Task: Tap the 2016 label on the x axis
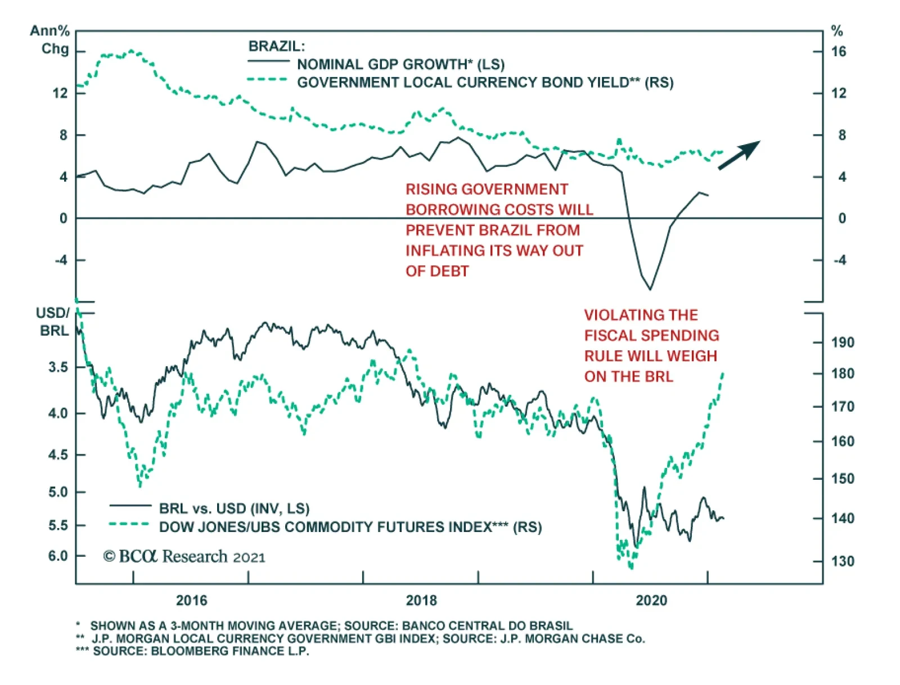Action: pyautogui.click(x=191, y=601)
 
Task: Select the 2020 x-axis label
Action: pyautogui.click(x=651, y=601)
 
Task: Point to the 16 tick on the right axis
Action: pyautogui.click(x=838, y=52)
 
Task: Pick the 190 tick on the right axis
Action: pyautogui.click(x=842, y=342)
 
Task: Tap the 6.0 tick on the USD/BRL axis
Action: pyautogui.click(x=58, y=556)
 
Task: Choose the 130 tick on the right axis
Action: pyautogui.click(x=842, y=561)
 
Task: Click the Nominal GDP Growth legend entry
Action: pyautogui.click(x=400, y=64)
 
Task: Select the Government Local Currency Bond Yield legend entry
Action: pyautogui.click(x=485, y=83)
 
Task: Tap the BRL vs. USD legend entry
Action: pyautogui.click(x=234, y=509)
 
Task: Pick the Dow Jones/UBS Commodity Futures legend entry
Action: pyautogui.click(x=350, y=528)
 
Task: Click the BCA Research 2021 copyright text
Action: pyautogui.click(x=184, y=557)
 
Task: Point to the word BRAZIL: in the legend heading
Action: pyautogui.click(x=277, y=46)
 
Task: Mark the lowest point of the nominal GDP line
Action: pyautogui.click(x=650, y=289)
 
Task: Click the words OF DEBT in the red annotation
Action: pyautogui.click(x=437, y=271)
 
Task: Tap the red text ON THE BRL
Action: pyautogui.click(x=628, y=377)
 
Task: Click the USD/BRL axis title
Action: pyautogui.click(x=53, y=322)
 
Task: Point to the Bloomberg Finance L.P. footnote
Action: pyautogui.click(x=201, y=651)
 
